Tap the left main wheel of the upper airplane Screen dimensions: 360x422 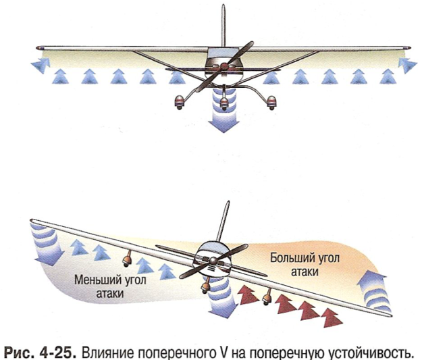[180, 101]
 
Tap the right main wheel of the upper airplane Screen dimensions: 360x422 [272, 101]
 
